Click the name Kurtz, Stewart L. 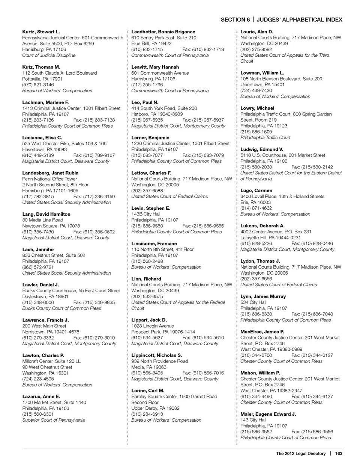tap(41, 32)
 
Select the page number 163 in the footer tap(339, 454)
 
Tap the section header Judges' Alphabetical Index tap(299, 20)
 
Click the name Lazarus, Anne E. tap(41, 397)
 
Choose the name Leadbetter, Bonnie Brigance tap(163, 32)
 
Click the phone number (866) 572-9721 tap(38, 267)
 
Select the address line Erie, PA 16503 tap(255, 202)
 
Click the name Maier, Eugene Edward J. tap(268, 414)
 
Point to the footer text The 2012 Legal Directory tap(301, 454)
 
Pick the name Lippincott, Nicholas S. tap(156, 355)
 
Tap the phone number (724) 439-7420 tap(256, 90)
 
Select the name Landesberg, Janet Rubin tap(50, 173)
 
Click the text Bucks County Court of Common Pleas tap(61, 308)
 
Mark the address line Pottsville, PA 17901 tap(42, 79)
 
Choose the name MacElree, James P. tap(262, 332)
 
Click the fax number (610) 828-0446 tap(312, 244)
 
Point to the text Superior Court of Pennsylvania tap(53, 420)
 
